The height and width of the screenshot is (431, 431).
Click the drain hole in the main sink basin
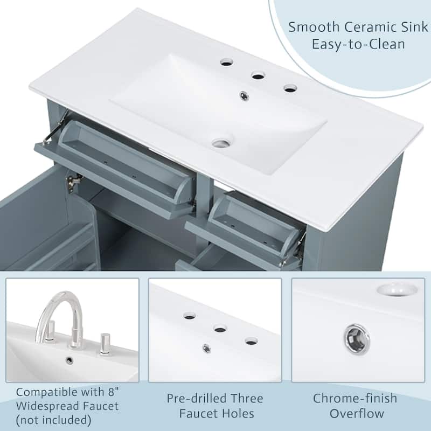click(x=222, y=143)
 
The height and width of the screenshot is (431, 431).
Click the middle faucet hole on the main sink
click(x=259, y=75)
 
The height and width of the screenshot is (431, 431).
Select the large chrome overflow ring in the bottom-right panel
click(x=357, y=339)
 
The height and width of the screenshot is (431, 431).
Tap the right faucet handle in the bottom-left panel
click(x=105, y=343)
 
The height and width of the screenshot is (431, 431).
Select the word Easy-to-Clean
click(x=358, y=44)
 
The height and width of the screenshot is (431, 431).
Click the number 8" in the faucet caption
click(x=113, y=392)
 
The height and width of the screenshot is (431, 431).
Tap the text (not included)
click(x=53, y=420)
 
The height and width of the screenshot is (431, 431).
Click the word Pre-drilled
click(x=196, y=398)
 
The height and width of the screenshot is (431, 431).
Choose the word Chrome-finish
click(x=355, y=398)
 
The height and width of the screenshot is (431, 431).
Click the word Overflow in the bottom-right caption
click(x=357, y=413)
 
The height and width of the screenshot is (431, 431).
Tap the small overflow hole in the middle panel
click(x=207, y=349)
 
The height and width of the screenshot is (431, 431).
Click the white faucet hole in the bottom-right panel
click(x=397, y=290)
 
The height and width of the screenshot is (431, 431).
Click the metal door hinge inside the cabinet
click(x=72, y=182)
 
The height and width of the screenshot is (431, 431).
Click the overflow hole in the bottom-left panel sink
click(x=70, y=360)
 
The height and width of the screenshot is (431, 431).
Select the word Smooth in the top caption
click(x=314, y=27)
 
